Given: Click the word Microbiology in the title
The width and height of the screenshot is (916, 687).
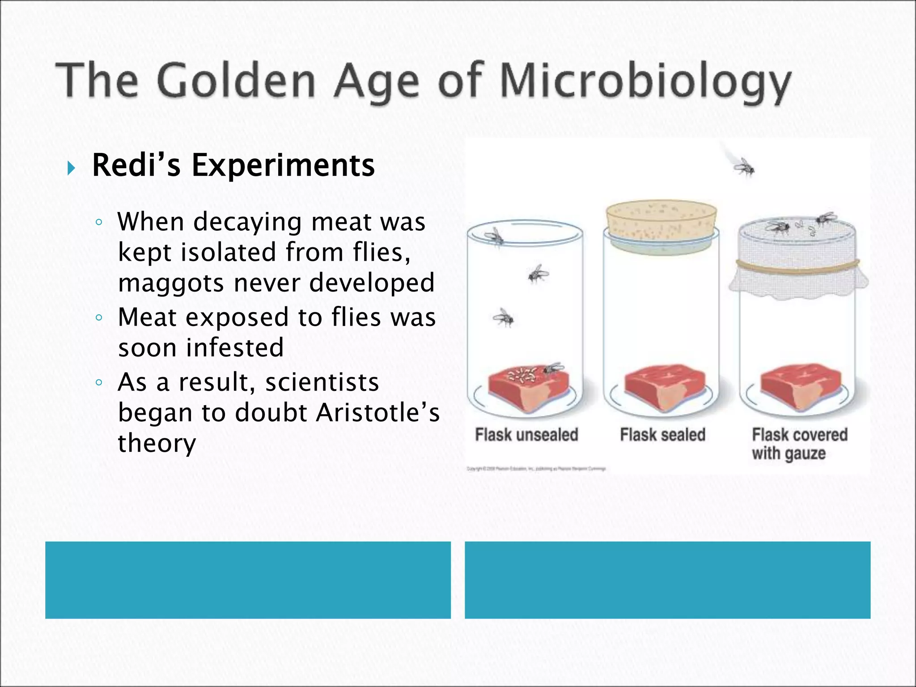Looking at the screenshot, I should tap(644, 82).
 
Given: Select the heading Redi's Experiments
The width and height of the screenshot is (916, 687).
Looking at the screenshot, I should tap(233, 165).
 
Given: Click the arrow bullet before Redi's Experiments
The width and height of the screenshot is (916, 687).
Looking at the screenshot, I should tap(71, 168).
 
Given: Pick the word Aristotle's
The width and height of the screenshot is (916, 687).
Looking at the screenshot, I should tap(378, 412).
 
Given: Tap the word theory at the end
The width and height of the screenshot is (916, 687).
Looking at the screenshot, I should tap(157, 443).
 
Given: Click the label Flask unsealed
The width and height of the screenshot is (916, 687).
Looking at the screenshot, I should tap(526, 435).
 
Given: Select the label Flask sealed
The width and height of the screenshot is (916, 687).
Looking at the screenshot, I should tap(662, 435).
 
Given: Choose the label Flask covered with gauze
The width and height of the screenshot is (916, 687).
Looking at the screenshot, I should tap(799, 444).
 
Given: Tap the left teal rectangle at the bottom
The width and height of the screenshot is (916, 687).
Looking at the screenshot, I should tap(248, 580).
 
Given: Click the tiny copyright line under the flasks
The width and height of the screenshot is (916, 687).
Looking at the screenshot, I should tap(536, 469).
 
